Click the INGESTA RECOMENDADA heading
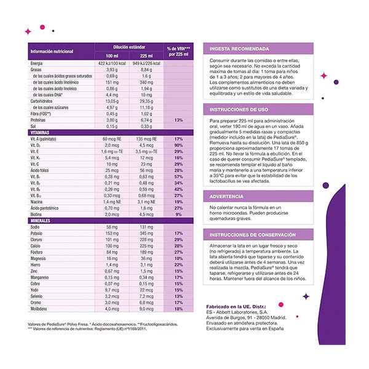pyautogui.click(x=240, y=49)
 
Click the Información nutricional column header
pyautogui.click(x=51, y=51)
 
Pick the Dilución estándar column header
pyautogui.click(x=129, y=47)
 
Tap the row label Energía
pyautogui.click(x=36, y=64)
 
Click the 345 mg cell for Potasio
pyautogui.click(x=146, y=234)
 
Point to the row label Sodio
pyautogui.click(x=36, y=227)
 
